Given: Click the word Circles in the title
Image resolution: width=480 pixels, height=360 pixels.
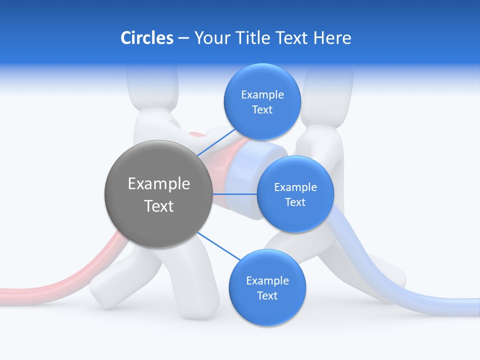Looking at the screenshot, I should coord(146,38).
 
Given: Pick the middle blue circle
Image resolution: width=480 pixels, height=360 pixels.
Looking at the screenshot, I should coord(295,215).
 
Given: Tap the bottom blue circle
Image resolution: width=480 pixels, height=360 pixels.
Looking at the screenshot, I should coord(267,310).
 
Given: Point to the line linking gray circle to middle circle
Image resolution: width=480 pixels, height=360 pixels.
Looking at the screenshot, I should coord(234,193).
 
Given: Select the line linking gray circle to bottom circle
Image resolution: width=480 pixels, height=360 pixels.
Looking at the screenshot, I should coord(219,246).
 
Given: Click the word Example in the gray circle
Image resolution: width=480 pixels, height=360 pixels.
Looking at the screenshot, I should coord(158,184).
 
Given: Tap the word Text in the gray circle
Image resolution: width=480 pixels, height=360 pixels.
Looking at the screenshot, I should coord(158,206).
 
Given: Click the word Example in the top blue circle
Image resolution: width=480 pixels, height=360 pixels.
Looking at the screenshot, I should coord(262,95).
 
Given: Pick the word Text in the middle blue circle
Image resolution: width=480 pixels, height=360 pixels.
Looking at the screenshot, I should coord(295,202).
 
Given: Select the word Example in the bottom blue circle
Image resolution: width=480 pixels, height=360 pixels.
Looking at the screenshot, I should coord(267,281).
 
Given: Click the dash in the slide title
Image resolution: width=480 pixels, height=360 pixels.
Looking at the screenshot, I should coord(183,38).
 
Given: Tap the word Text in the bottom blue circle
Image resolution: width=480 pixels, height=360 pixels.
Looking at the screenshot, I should coord(267,296).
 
